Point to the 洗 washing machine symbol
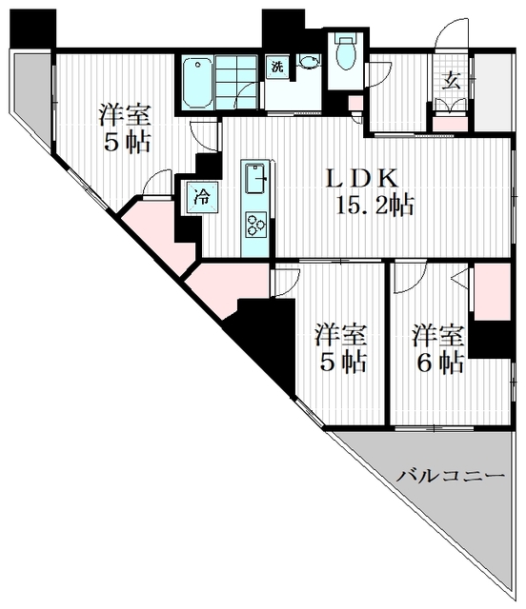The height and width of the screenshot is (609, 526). [276, 67]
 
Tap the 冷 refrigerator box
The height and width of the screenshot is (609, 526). [202, 197]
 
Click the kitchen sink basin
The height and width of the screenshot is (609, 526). [256, 178]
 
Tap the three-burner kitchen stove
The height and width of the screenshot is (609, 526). [256, 226]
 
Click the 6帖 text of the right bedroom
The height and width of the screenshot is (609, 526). [438, 363]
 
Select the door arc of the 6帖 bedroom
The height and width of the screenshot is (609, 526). [407, 276]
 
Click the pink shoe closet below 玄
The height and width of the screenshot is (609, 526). [451, 123]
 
